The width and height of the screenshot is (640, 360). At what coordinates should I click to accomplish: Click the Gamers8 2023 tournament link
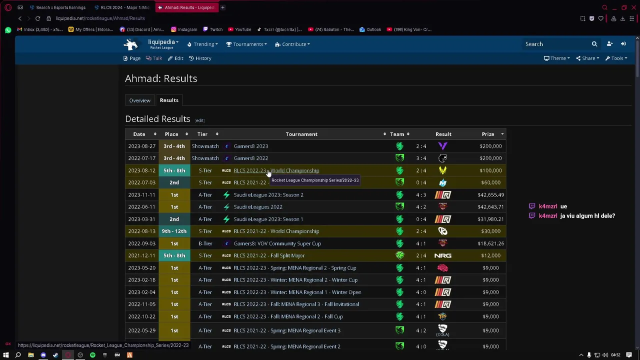click(x=250, y=146)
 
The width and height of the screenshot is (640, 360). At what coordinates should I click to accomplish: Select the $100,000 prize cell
click(x=490, y=170)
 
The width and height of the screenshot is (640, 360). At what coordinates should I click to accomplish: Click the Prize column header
click(x=487, y=134)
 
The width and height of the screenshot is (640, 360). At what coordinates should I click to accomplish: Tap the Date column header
click(x=139, y=134)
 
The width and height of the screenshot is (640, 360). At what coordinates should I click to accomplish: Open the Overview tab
click(x=139, y=100)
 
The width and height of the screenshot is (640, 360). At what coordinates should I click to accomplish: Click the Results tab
click(x=169, y=100)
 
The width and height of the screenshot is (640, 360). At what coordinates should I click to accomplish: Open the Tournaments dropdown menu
click(x=247, y=44)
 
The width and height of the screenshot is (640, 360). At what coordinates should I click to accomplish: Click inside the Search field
click(x=555, y=44)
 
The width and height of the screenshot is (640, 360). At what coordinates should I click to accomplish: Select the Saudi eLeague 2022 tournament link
click(x=257, y=207)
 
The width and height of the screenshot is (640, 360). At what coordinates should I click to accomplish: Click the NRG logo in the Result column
click(x=442, y=255)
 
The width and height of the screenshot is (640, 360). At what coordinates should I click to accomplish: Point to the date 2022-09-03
click(x=141, y=243)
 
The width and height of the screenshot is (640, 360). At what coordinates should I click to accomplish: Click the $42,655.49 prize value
click(x=490, y=195)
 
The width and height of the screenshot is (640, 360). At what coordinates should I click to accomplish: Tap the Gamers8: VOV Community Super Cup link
click(x=277, y=243)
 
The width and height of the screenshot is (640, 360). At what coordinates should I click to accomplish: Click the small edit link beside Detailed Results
click(x=199, y=120)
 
